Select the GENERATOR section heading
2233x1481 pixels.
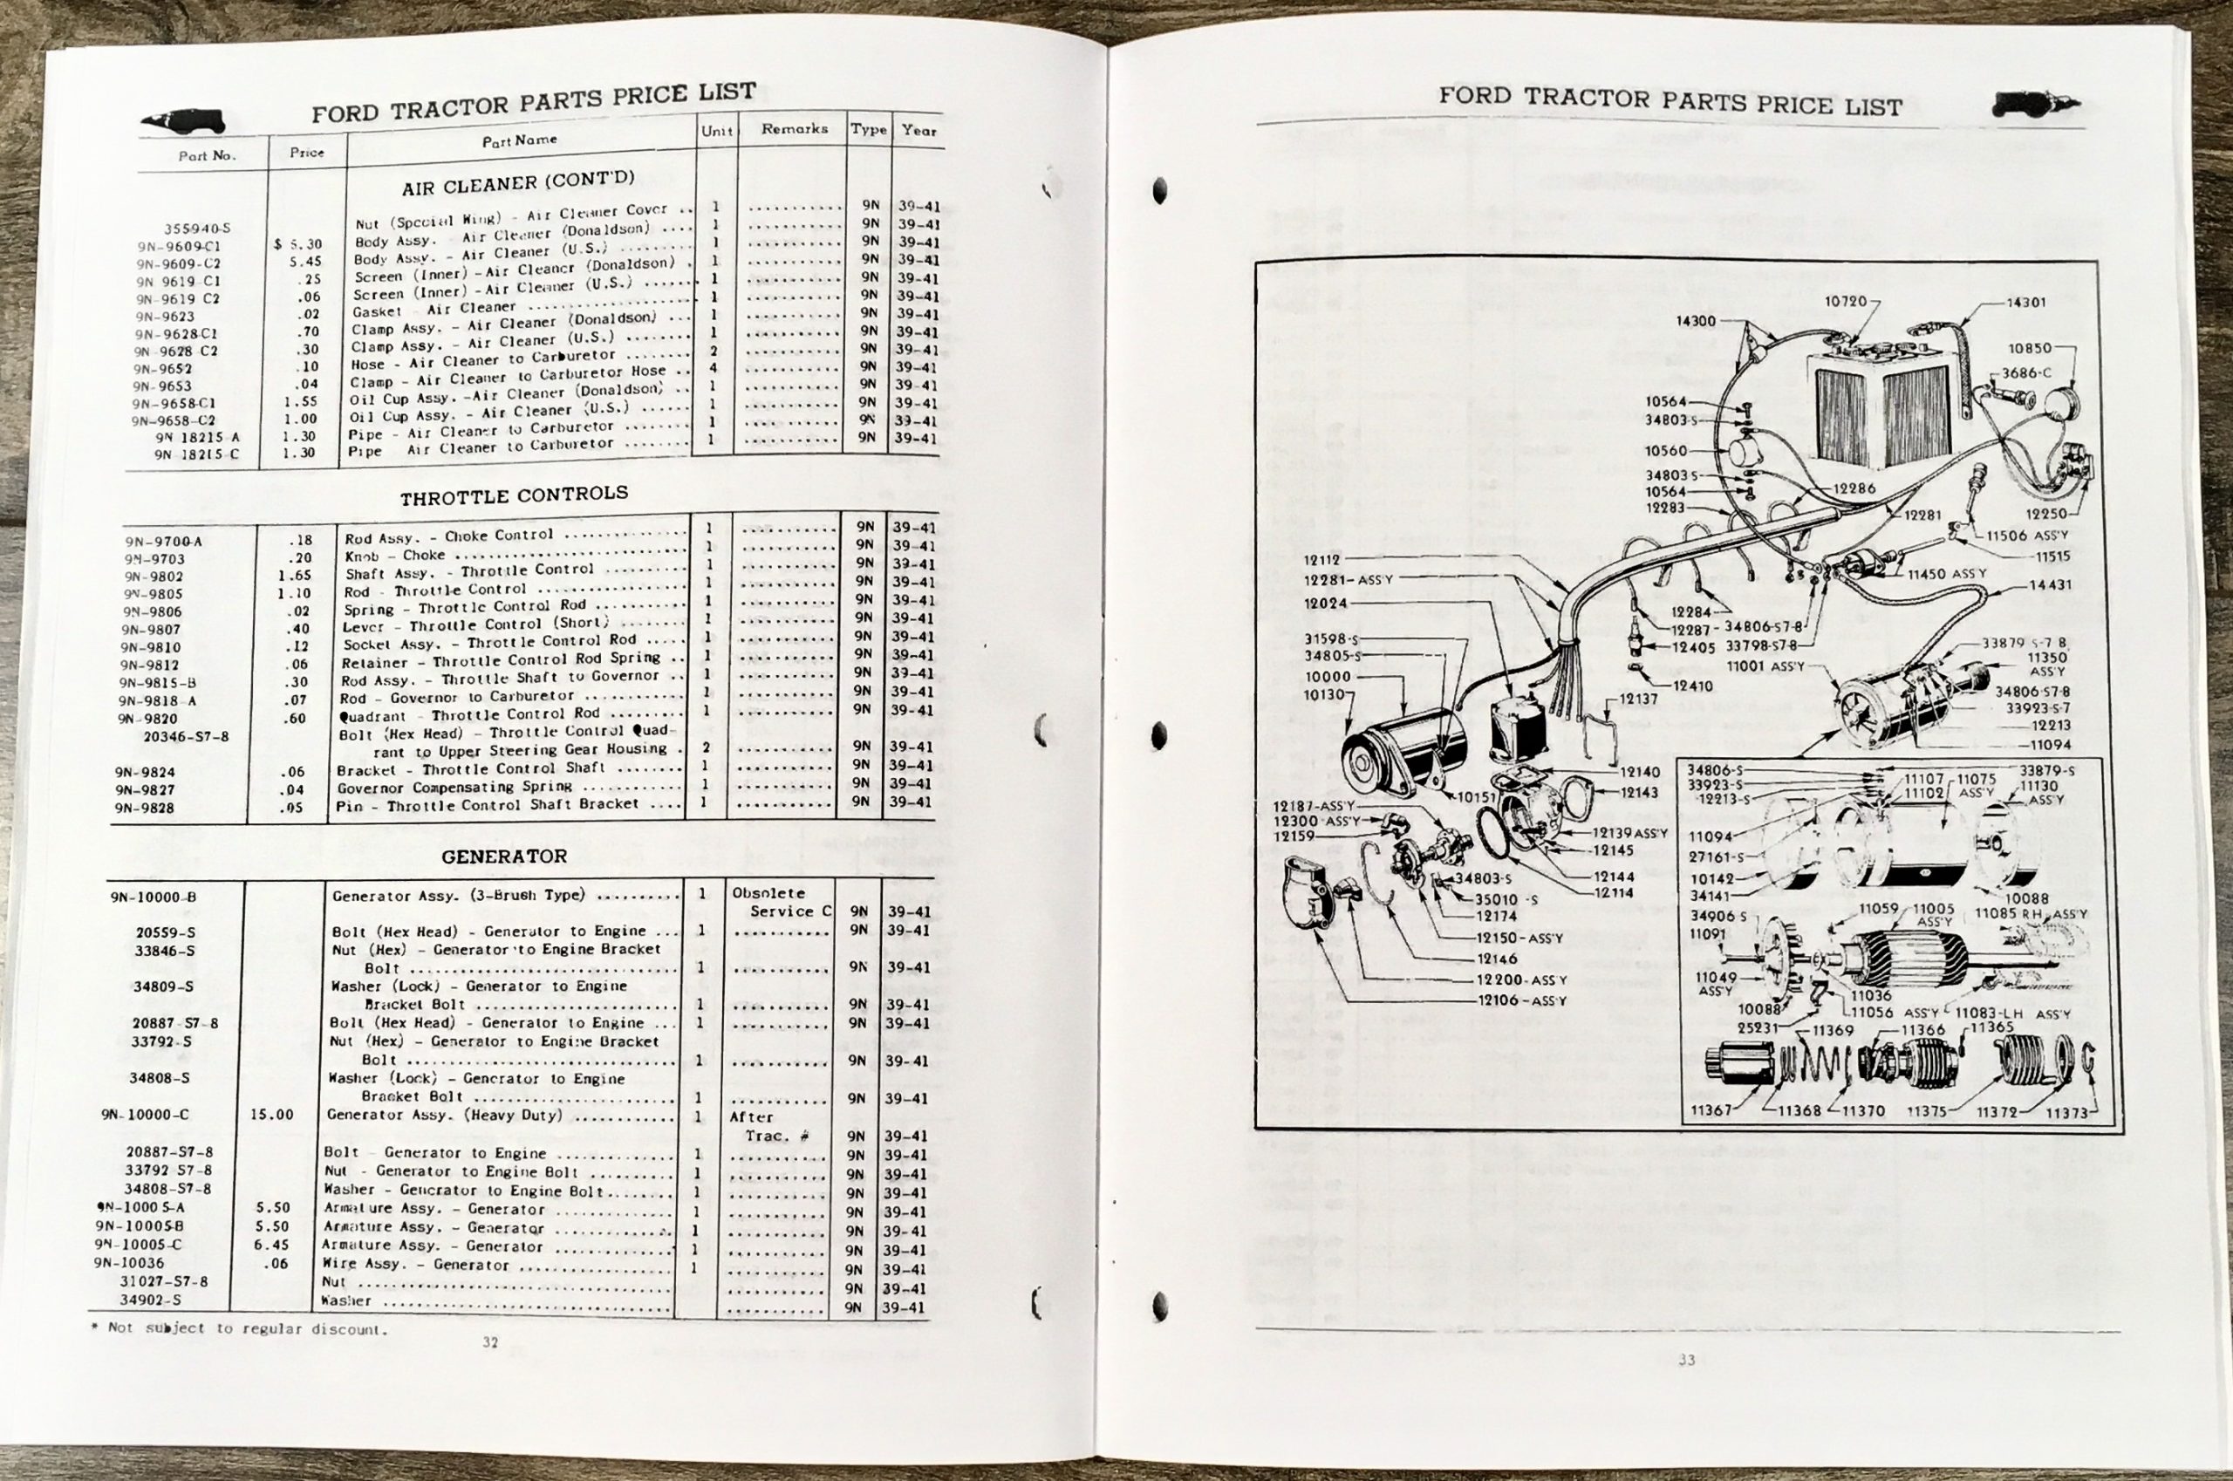click(503, 857)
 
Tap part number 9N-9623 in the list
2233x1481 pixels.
click(166, 317)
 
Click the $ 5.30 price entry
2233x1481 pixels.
click(298, 244)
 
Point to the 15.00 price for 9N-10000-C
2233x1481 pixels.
click(271, 1115)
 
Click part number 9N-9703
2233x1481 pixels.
click(154, 559)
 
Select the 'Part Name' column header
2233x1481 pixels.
click(520, 140)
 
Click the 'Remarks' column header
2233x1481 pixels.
click(795, 128)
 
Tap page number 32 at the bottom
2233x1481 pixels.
click(490, 1342)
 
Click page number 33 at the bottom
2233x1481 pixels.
click(1687, 1360)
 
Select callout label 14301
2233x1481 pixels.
click(2026, 304)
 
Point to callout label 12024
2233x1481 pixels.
click(1326, 604)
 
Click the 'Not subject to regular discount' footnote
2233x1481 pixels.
click(240, 1329)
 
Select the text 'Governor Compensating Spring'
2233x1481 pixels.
click(454, 787)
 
